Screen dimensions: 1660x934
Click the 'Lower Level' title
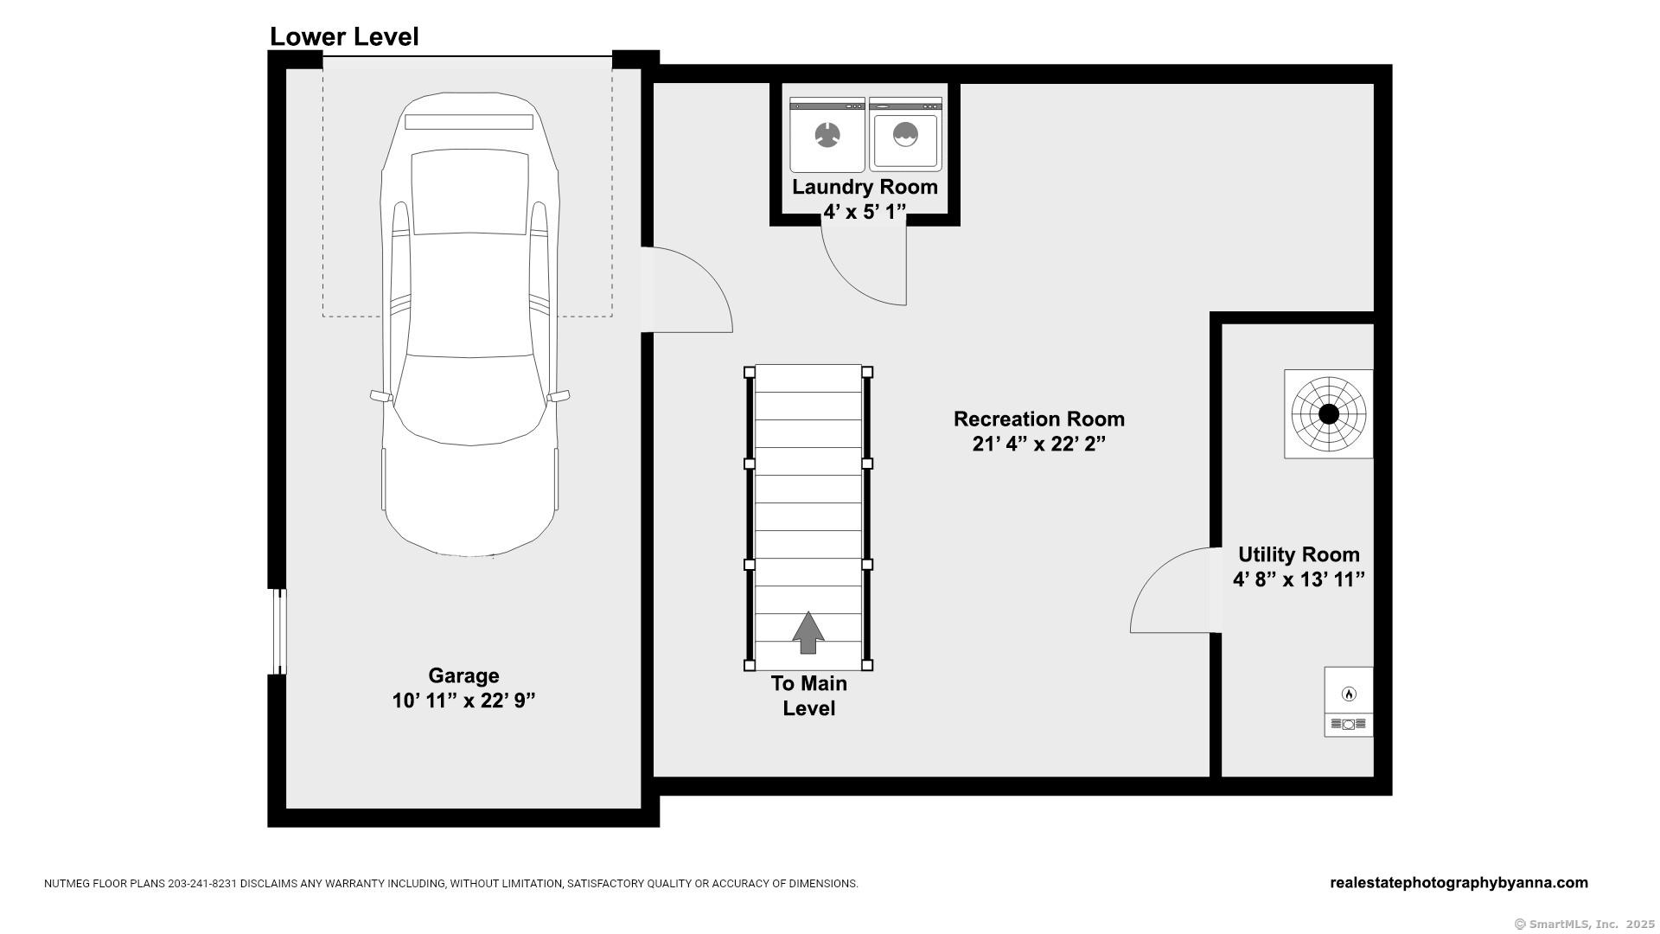click(344, 37)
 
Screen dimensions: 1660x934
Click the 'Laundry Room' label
click(865, 187)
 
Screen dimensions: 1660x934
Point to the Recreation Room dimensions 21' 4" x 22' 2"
click(1039, 444)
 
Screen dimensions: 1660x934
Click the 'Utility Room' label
click(1299, 554)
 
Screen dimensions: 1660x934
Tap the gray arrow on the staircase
click(808, 632)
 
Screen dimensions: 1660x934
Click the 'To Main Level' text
click(809, 696)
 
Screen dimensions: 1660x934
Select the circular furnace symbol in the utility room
click(1329, 414)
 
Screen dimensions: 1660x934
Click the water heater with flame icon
click(1349, 701)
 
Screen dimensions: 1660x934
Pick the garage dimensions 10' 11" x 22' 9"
click(464, 700)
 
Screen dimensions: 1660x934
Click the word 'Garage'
click(464, 675)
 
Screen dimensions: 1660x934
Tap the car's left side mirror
click(381, 396)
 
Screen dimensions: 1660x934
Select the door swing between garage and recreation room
click(690, 290)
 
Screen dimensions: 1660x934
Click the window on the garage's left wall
click(278, 632)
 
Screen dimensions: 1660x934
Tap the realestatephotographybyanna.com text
click(1459, 883)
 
